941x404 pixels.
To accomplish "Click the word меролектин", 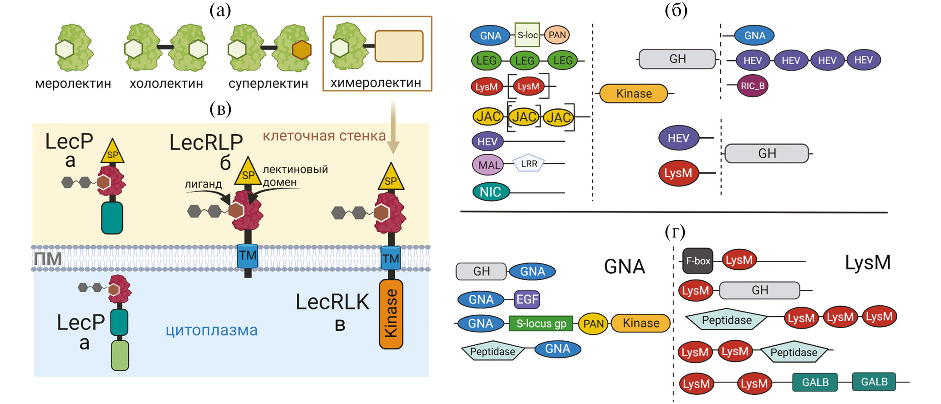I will pos(73,84).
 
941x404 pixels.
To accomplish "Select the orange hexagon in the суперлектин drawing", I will pos(301,50).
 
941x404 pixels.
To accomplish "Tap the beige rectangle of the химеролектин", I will pos(399,46).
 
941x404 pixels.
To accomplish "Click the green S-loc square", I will pos(527,35).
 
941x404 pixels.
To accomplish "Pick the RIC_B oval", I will pos(753,86).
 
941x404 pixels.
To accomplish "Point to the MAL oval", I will pos(488,165).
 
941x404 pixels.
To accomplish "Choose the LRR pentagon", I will pos(529,163).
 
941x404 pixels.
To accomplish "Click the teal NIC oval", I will pos(491,192).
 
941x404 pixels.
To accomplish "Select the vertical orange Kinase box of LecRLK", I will pos(391,314).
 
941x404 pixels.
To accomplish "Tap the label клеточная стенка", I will pos(324,136).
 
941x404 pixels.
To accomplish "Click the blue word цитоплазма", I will pos(211,330).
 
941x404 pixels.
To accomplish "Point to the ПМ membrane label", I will pos(47,259).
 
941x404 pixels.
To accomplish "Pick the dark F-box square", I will pos(697,261).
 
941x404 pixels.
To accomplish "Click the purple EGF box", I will pos(527,299).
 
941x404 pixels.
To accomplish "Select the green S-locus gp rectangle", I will pos(541,323).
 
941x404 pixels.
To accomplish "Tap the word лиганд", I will pos(203,184).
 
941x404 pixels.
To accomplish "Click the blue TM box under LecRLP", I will pos(248,256).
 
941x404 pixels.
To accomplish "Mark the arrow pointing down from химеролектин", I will pos(393,127).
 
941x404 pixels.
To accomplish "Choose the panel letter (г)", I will pos(675,232).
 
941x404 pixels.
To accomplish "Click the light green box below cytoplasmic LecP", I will pos(120,355).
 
